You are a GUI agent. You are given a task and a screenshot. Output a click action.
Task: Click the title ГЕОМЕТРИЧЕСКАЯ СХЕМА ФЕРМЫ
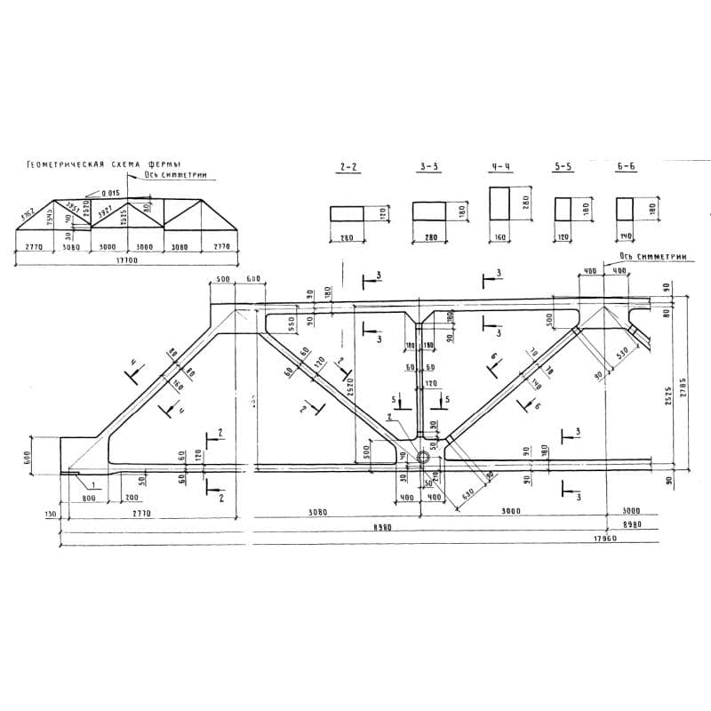(105, 165)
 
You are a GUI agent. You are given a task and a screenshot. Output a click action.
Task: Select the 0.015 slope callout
(110, 193)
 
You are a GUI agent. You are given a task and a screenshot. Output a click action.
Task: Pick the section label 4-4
(499, 166)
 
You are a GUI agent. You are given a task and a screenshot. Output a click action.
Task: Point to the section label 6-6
(626, 166)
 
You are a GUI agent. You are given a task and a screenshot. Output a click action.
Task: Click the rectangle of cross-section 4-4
(499, 204)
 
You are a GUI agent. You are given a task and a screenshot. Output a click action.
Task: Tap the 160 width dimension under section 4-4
(499, 237)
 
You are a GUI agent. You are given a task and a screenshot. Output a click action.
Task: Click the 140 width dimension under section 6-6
(626, 237)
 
